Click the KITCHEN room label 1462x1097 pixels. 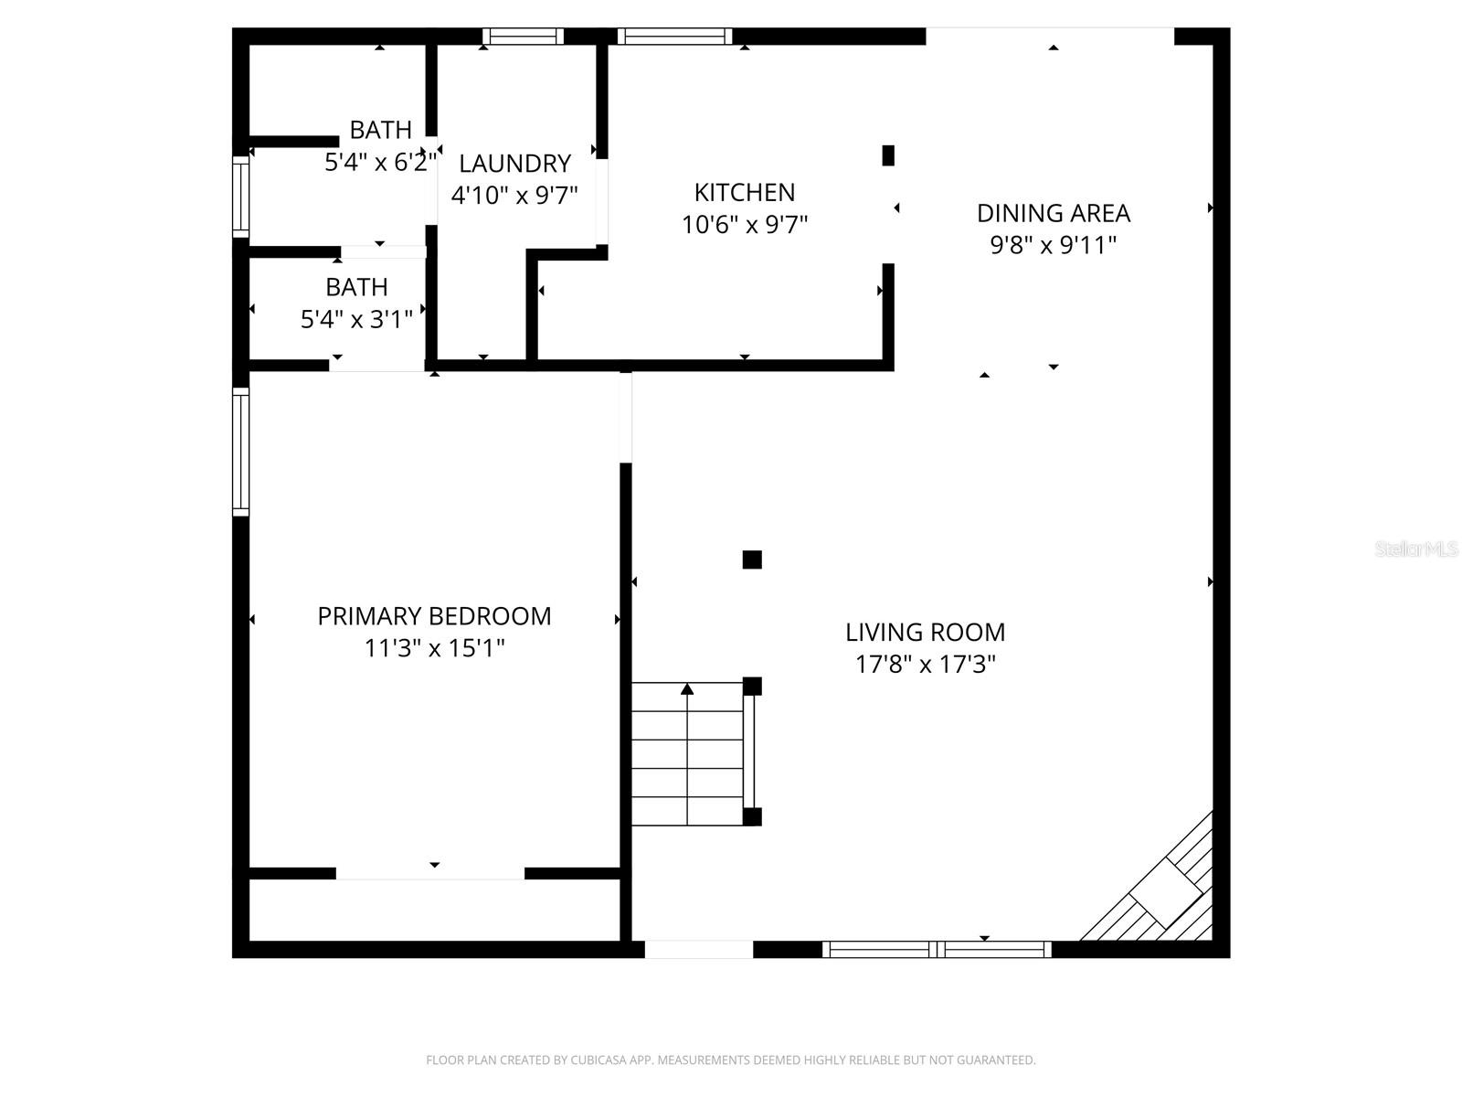point(744,192)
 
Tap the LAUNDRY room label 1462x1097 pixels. point(514,164)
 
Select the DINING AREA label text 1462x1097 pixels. point(1053,213)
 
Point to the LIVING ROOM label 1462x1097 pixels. point(925,632)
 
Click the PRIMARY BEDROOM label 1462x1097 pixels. point(434,616)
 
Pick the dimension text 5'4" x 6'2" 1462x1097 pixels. point(380,163)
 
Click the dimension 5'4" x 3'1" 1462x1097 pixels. point(356,319)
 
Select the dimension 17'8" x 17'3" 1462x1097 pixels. point(925,665)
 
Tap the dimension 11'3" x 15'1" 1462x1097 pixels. point(434,648)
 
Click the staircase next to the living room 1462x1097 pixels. point(687,754)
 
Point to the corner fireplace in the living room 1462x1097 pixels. point(1165,891)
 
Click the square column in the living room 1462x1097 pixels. point(752,559)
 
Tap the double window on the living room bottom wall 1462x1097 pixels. point(937,949)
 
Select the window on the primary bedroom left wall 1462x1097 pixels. point(240,451)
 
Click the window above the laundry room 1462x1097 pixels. point(523,37)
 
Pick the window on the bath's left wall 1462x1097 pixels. point(240,197)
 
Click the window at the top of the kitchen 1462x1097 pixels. point(674,37)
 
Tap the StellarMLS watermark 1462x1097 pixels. point(1415,549)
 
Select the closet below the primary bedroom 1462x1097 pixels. point(434,911)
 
